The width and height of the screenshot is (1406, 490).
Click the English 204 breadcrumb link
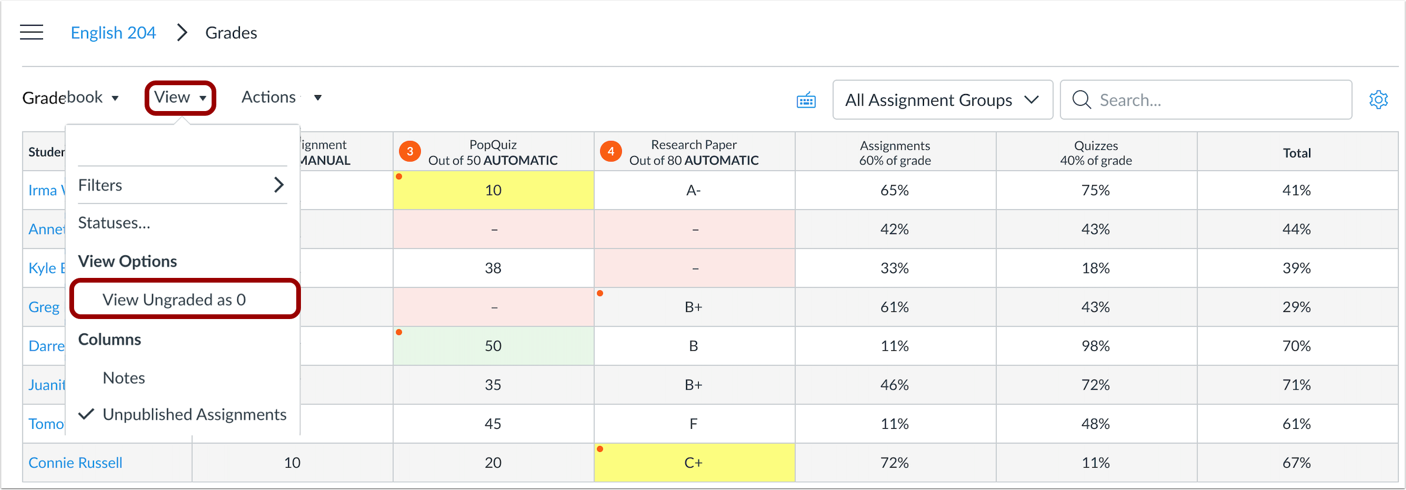pos(113,33)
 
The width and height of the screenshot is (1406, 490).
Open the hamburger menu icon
pos(32,32)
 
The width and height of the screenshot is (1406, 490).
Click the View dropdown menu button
pos(180,98)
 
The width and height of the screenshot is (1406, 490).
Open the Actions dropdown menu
pos(281,98)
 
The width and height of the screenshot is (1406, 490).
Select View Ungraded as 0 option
pos(174,300)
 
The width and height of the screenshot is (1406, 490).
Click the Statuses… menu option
pos(115,223)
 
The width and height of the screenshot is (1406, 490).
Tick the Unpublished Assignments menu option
pos(194,415)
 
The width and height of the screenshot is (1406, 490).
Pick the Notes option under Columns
pos(124,378)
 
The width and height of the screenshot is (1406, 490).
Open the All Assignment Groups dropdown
pos(942,100)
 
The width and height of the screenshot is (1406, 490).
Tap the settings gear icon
pos(1378,99)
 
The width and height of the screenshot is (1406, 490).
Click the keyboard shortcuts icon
pos(806,100)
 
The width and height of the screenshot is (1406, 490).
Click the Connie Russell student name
pos(76,463)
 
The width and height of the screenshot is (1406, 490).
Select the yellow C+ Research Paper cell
pos(694,463)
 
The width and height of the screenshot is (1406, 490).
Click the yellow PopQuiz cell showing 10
pos(493,190)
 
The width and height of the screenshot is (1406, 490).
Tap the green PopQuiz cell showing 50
pos(493,346)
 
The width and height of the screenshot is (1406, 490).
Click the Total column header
pos(1297,153)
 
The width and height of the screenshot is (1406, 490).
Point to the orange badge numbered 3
pos(410,152)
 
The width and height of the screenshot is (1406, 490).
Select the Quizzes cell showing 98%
pos(1096,346)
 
